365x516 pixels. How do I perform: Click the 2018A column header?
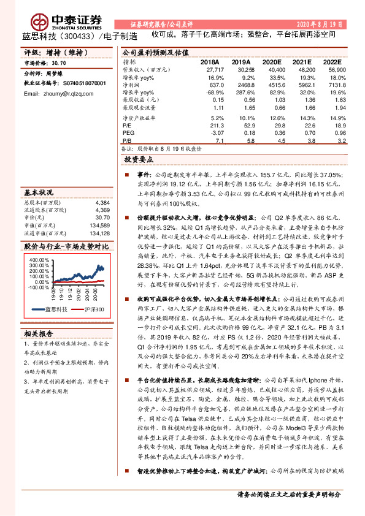[210, 63]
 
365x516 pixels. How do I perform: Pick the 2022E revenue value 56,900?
[333, 71]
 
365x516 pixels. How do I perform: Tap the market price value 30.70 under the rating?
[59, 63]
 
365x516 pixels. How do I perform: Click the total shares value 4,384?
[102, 202]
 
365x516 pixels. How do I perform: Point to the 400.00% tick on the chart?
[39, 259]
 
